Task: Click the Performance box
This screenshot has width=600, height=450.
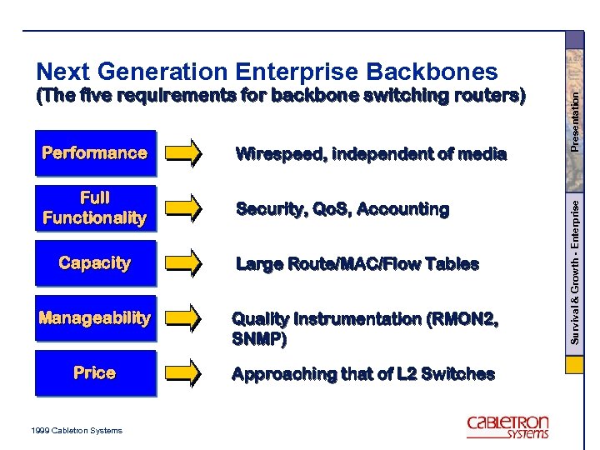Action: tap(95, 153)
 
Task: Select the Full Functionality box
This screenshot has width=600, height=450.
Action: tap(95, 208)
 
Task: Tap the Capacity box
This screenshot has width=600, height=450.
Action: tap(95, 263)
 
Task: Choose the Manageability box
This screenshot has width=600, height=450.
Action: tap(95, 318)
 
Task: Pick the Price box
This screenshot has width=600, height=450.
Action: tap(95, 373)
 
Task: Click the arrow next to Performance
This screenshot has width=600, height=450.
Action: tap(182, 153)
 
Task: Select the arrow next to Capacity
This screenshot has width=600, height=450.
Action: tap(182, 263)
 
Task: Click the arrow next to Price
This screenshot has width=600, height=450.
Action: tap(182, 373)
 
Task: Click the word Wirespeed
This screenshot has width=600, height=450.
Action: tap(280, 154)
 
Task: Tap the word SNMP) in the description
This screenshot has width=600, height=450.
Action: tap(259, 339)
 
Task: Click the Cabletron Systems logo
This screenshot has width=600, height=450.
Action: tap(507, 427)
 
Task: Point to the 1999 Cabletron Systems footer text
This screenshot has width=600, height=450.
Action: tap(75, 430)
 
